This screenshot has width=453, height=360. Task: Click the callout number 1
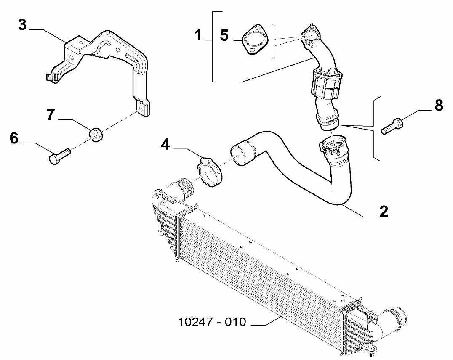tap(198, 35)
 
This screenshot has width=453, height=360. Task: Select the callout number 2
tap(384, 212)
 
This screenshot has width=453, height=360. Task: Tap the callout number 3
tap(22, 25)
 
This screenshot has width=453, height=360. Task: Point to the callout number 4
tap(165, 145)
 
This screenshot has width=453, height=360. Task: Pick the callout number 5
tap(224, 35)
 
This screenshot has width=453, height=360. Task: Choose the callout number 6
tap(14, 138)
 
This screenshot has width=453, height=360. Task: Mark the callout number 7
tap(51, 114)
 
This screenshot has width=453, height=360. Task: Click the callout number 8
tap(439, 106)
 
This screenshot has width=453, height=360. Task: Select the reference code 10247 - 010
tap(212, 322)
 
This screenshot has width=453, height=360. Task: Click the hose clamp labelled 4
tap(210, 172)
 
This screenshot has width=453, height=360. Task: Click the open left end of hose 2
tap(240, 155)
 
